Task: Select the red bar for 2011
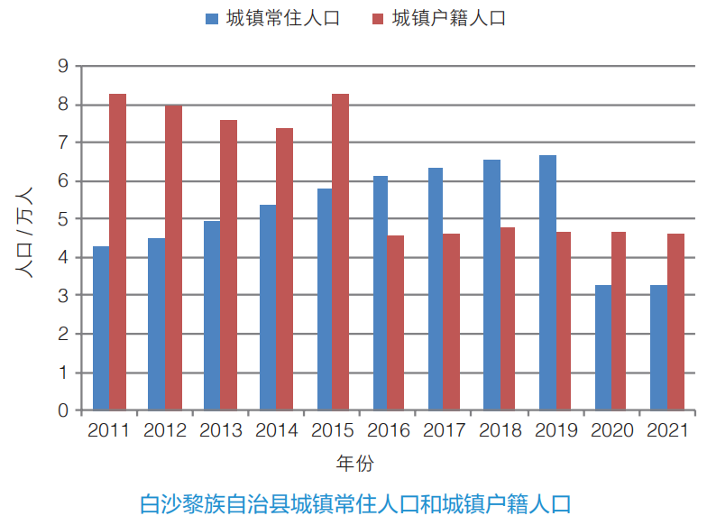[117, 253]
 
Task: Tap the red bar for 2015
[340, 253]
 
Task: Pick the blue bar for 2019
[547, 283]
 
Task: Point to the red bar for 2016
[396, 323]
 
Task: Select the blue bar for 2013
[212, 316]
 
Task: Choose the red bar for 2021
[675, 322]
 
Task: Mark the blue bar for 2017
[436, 290]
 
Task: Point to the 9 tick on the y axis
[63, 66]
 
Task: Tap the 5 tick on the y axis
[63, 219]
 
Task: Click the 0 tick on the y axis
[63, 410]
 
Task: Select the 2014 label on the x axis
[276, 430]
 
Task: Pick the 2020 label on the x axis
[611, 430]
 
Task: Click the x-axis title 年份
[354, 465]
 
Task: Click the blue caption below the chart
[355, 503]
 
